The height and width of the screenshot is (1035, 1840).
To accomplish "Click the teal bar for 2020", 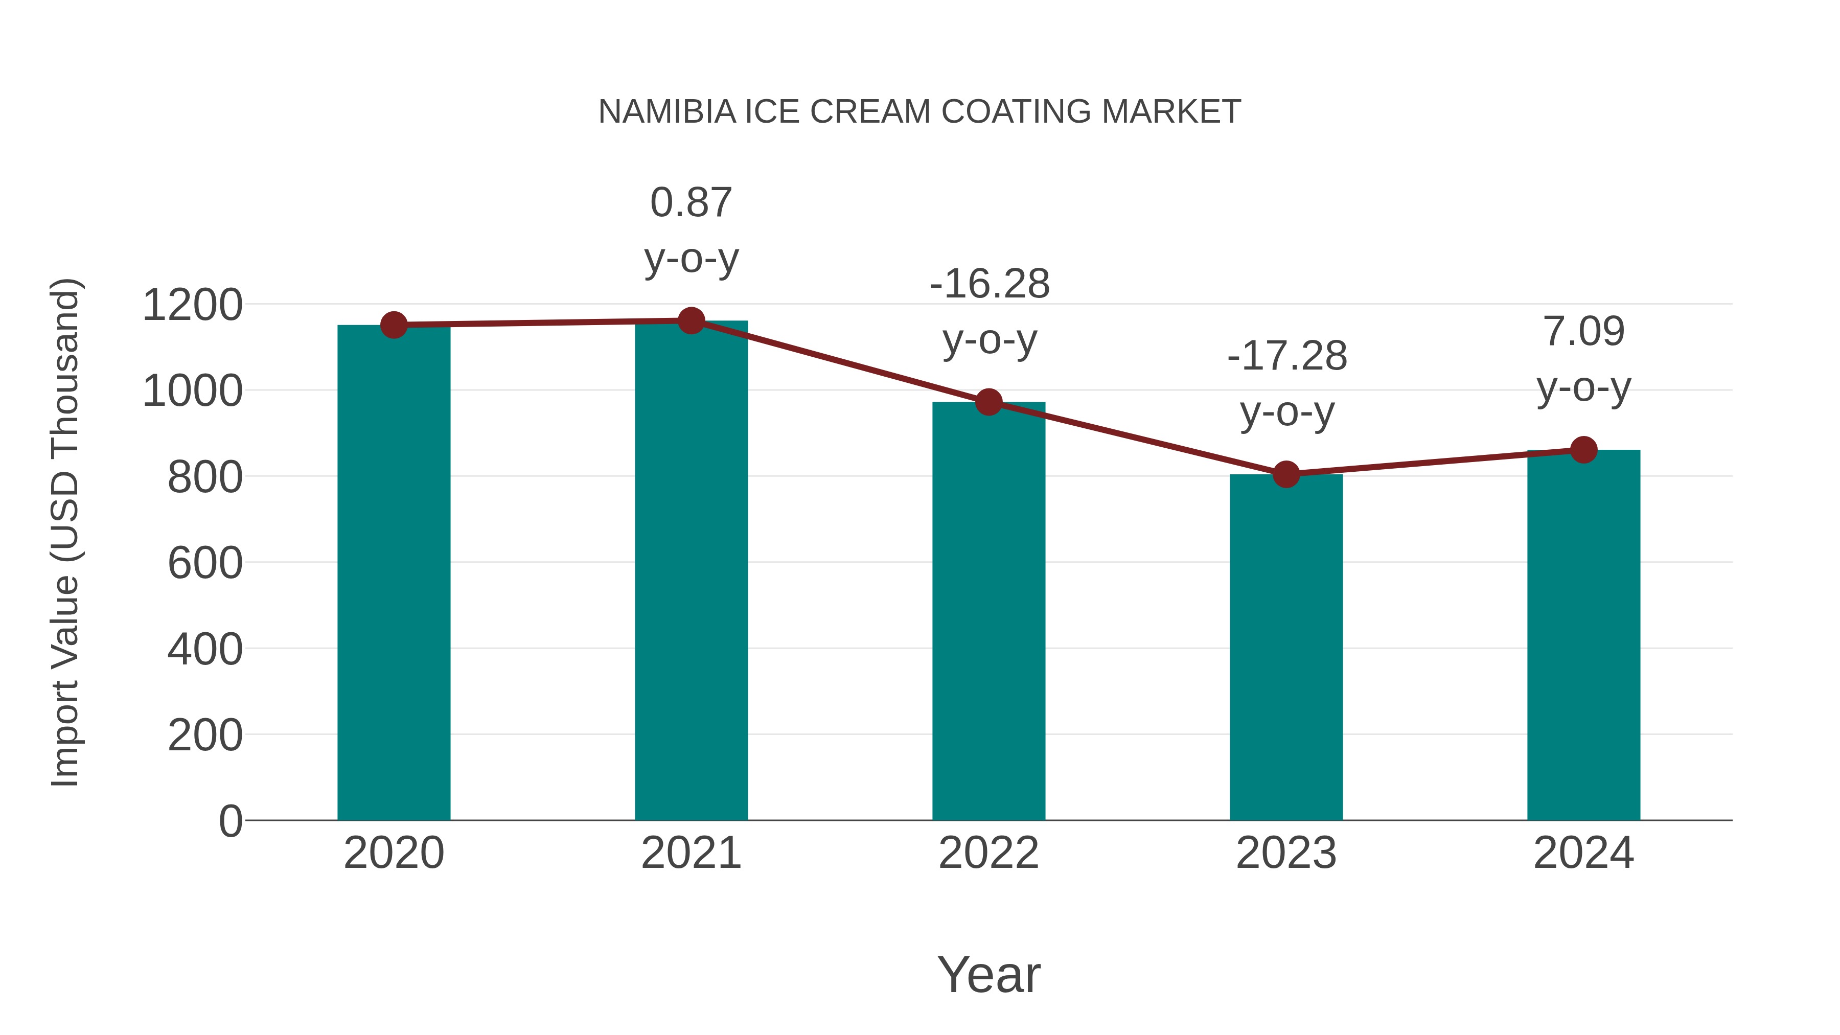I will point(394,571).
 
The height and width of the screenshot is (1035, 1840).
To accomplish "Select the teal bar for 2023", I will point(1286,647).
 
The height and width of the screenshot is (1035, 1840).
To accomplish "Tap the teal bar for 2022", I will point(988,611).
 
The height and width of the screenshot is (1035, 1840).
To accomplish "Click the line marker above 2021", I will point(691,320).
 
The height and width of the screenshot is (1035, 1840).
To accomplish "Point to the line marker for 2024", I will point(1583,450).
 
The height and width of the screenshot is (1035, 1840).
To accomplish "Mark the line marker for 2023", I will point(1286,474).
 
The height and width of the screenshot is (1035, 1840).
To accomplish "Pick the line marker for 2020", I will point(394,325).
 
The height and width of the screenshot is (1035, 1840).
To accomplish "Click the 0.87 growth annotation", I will point(691,203).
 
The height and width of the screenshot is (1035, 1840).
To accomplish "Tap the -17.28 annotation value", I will point(1286,356).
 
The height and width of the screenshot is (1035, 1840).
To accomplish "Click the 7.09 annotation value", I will point(1583,331).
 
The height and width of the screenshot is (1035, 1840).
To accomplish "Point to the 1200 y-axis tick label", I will point(192,305).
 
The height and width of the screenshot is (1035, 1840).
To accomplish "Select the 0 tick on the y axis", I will point(230,821).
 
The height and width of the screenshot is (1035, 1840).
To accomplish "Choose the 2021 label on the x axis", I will point(691,853).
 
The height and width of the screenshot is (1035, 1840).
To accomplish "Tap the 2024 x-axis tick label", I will point(1583,853).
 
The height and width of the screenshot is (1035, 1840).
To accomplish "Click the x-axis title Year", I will point(988,974).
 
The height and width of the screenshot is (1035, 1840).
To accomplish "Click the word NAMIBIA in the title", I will point(666,112).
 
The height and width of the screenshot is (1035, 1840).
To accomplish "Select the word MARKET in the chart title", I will point(1171,112).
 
